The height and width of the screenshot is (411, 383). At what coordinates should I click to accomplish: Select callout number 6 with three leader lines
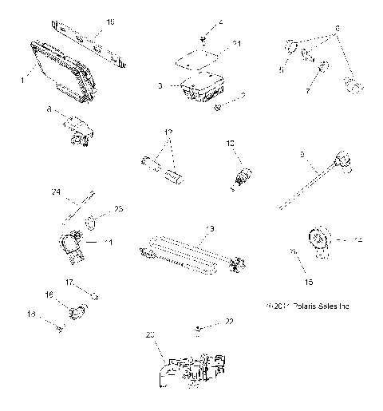[337, 27]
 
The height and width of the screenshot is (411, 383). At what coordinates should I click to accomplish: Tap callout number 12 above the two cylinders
[168, 132]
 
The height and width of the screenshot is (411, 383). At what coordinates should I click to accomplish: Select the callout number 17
[69, 282]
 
